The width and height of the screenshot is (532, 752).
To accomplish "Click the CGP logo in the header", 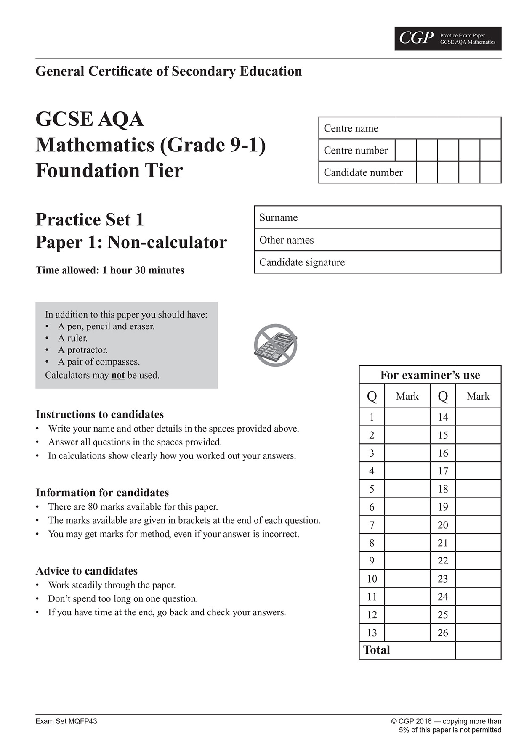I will [416, 39].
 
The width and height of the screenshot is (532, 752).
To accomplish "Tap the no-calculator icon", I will [276, 345].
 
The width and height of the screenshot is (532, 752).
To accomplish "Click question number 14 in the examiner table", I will [443, 417].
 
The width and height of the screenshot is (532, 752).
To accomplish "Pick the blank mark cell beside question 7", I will [407, 525].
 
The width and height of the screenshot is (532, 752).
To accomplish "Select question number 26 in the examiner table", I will [443, 633].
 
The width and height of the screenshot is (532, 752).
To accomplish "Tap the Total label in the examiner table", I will [377, 650].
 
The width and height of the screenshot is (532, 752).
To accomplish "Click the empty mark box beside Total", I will [478, 650].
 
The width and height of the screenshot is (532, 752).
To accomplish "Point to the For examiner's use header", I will [430, 375].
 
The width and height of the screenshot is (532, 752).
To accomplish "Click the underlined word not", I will [118, 375].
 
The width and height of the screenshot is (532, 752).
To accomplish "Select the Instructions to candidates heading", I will [100, 415].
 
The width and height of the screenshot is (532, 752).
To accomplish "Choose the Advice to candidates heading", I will [87, 571].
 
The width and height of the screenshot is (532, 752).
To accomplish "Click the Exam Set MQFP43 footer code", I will [66, 721].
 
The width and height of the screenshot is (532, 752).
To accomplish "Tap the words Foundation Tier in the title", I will [109, 171].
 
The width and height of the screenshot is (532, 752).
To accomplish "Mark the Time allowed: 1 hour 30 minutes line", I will [110, 270].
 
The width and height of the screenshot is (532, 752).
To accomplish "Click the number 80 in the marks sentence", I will [93, 507].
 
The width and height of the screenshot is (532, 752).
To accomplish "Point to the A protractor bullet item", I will [82, 350].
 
